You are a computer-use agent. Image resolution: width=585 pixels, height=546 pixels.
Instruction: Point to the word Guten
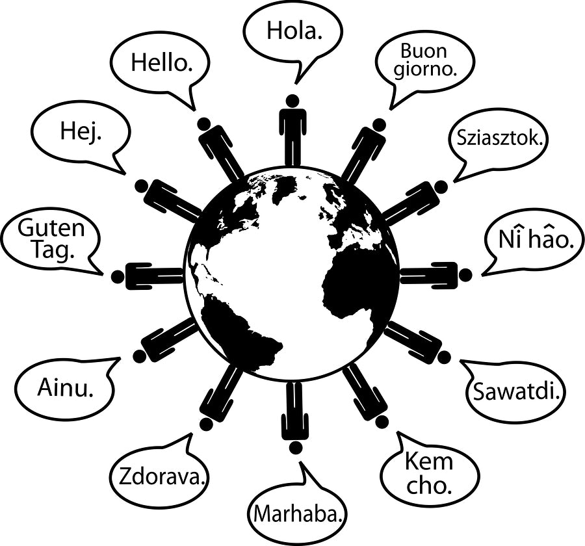pyautogui.click(x=51, y=228)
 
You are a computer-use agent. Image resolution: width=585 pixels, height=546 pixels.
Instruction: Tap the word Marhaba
pyautogui.click(x=298, y=513)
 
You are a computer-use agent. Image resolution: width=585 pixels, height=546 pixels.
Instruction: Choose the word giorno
pyautogui.click(x=425, y=70)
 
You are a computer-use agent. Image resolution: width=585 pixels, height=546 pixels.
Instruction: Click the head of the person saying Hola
pyautogui.click(x=292, y=101)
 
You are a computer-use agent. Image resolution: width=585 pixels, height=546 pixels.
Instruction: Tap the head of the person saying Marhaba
pyautogui.click(x=294, y=447)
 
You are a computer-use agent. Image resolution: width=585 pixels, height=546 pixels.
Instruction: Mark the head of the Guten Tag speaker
pyautogui.click(x=118, y=276)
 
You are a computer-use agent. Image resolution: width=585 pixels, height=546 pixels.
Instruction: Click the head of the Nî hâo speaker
pyautogui.click(x=465, y=275)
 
